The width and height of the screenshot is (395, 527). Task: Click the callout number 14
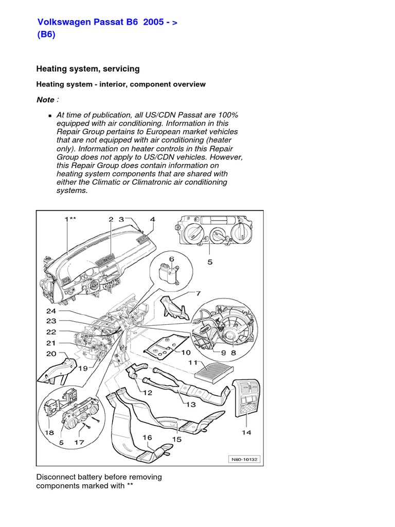[247, 432]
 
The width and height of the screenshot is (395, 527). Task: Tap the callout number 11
[193, 363]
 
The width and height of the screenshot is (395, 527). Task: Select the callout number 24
[51, 311]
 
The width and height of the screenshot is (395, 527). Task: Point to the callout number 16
[147, 437]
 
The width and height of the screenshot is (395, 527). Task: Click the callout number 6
[172, 259]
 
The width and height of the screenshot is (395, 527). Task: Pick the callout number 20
[51, 354]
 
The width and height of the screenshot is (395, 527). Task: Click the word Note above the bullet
[45, 99]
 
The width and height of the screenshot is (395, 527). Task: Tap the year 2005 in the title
[154, 23]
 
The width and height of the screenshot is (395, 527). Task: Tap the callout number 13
[191, 405]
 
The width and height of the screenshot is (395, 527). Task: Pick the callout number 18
[49, 433]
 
